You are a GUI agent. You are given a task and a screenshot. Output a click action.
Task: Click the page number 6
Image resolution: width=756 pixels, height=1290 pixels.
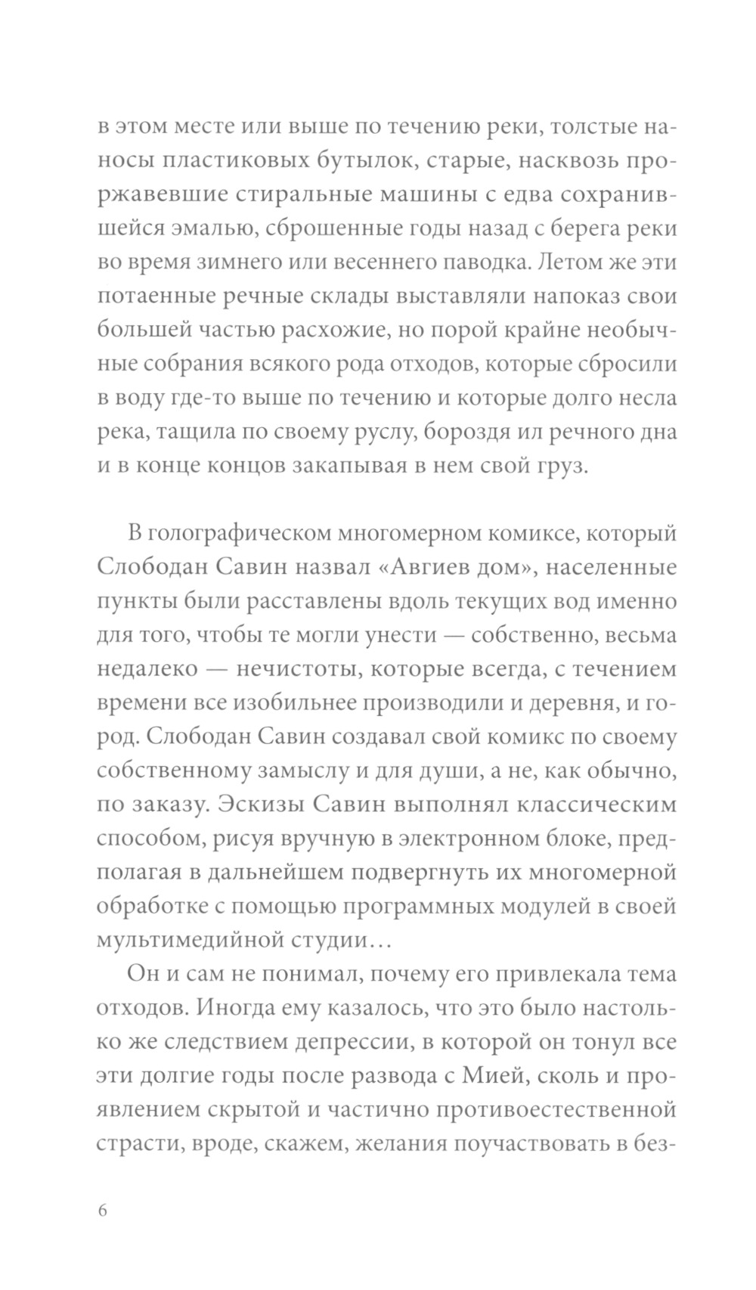tap(103, 1209)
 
